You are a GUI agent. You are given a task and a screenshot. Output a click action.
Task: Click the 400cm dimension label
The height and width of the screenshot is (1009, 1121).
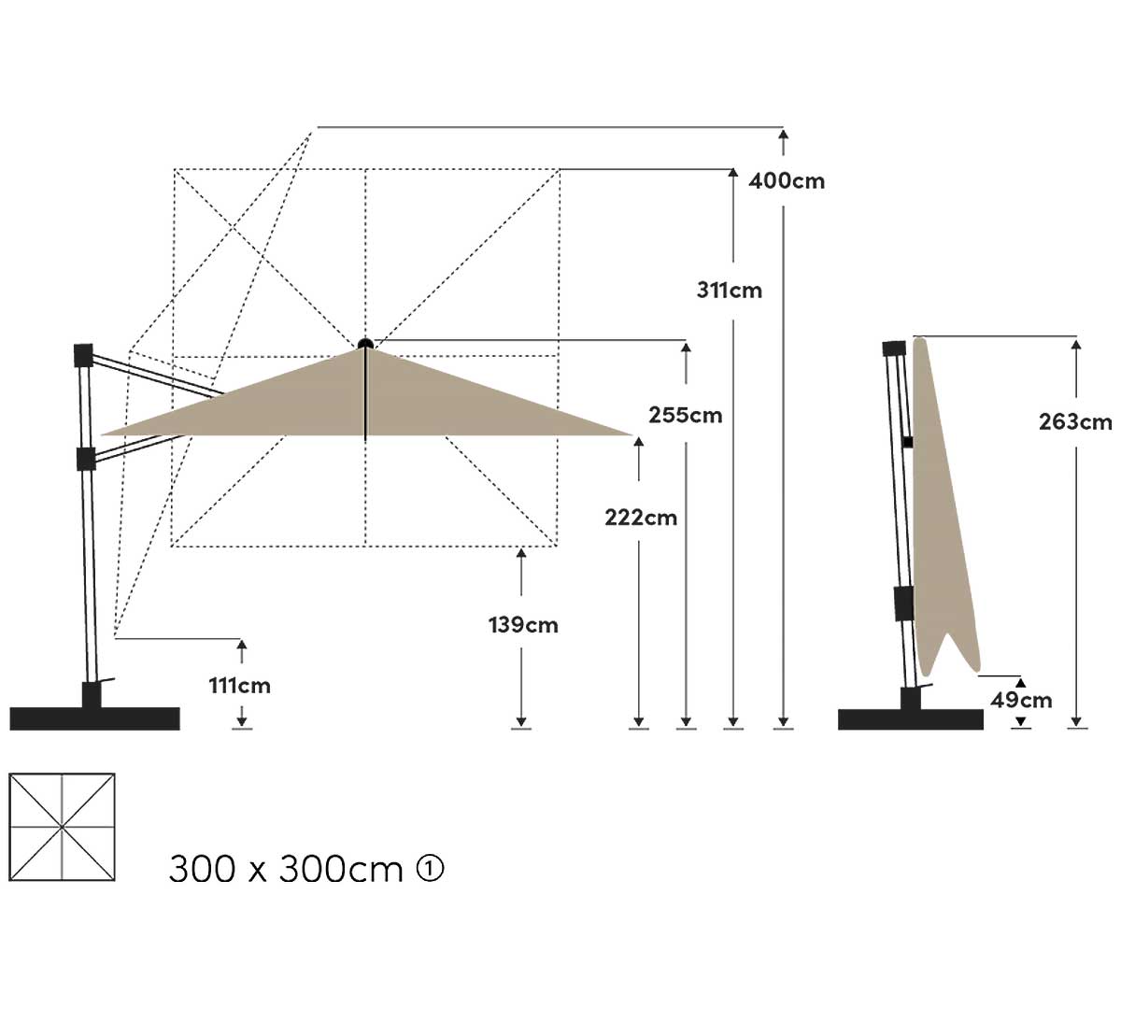pos(787,181)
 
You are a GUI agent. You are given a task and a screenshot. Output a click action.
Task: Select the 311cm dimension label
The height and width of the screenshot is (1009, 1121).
pos(730,291)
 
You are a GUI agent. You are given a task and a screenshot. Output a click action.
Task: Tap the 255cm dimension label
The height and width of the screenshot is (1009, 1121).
pos(685,416)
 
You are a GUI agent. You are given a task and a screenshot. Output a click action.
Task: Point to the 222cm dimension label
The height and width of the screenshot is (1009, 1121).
pos(641,518)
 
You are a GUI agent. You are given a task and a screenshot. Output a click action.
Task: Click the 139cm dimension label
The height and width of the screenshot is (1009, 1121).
pos(524,625)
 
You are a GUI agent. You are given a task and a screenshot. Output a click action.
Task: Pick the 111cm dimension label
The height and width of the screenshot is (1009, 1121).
pos(240,686)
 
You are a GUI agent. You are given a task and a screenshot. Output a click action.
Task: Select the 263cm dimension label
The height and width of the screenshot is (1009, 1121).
pos(1076,422)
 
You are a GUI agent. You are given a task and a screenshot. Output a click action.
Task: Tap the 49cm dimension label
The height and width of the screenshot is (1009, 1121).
pos(1022,700)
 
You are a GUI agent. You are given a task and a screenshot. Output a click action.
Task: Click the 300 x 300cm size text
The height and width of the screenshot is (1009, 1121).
pos(286,869)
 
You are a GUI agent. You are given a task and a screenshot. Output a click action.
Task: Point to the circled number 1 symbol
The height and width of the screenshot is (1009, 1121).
pos(431,869)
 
